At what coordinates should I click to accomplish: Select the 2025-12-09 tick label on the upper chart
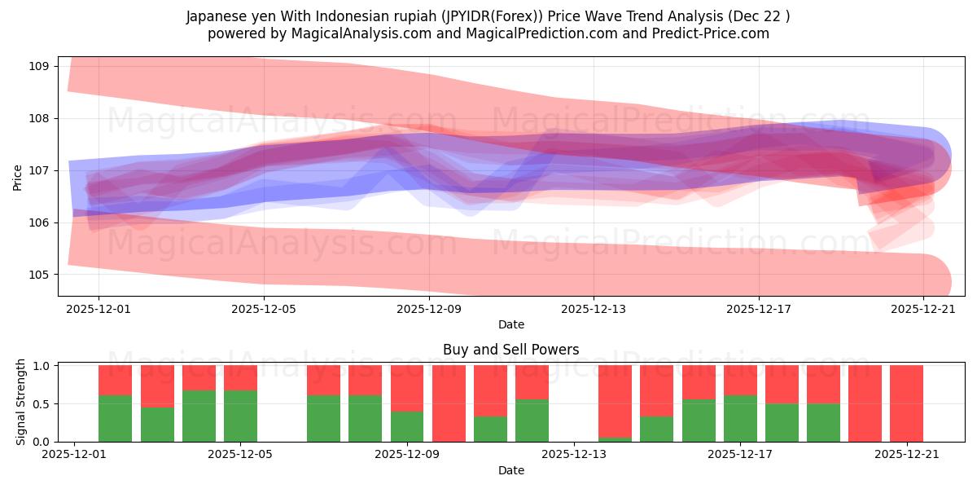click(429, 309)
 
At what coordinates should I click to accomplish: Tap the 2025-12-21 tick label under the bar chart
click(906, 455)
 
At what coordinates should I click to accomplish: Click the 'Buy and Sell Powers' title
click(510, 350)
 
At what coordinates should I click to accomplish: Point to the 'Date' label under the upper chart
click(510, 324)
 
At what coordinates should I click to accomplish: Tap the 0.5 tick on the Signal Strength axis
click(42, 403)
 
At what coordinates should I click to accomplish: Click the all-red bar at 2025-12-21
click(906, 403)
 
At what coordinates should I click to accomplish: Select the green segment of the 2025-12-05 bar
click(241, 416)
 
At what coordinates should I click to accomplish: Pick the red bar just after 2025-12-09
click(449, 403)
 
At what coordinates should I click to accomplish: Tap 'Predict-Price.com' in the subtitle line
click(713, 33)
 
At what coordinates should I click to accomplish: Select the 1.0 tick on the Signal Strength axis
click(42, 366)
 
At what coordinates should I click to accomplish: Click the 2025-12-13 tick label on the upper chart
click(594, 309)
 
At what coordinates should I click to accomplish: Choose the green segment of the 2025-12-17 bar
click(740, 418)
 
